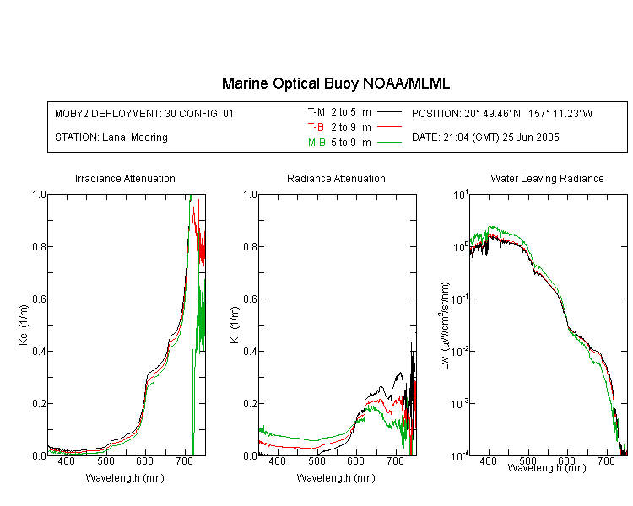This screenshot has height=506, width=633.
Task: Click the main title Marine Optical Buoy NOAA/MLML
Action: (x=335, y=83)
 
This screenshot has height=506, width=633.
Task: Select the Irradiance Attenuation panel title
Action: (x=125, y=178)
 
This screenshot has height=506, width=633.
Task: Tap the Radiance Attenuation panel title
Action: (x=336, y=178)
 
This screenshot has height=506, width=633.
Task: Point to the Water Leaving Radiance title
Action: (x=547, y=178)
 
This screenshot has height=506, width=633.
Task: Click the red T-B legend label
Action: (x=316, y=127)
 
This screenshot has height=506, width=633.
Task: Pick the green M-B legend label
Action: (x=316, y=143)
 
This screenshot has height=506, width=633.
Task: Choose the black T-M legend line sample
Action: (x=389, y=112)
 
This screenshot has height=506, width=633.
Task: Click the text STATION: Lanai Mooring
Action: (x=111, y=137)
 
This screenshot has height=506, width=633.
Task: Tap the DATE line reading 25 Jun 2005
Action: (x=485, y=137)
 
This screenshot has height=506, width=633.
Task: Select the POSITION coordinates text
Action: (x=502, y=113)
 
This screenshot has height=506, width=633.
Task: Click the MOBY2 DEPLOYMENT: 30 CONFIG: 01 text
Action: (x=144, y=113)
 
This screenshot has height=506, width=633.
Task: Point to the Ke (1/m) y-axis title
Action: (x=24, y=325)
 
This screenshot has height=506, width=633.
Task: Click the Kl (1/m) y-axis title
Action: (x=235, y=325)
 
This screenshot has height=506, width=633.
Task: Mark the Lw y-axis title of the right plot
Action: (x=445, y=326)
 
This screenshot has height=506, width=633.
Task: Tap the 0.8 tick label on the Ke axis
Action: (x=39, y=246)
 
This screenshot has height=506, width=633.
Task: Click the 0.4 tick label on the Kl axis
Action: (x=250, y=352)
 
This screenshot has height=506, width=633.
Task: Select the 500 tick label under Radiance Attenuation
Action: (x=316, y=460)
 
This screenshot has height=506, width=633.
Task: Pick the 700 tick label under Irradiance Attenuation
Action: (x=185, y=460)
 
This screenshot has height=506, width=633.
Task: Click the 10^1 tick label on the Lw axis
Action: (x=461, y=195)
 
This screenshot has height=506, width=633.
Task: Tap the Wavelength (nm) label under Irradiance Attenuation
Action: (x=125, y=478)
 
